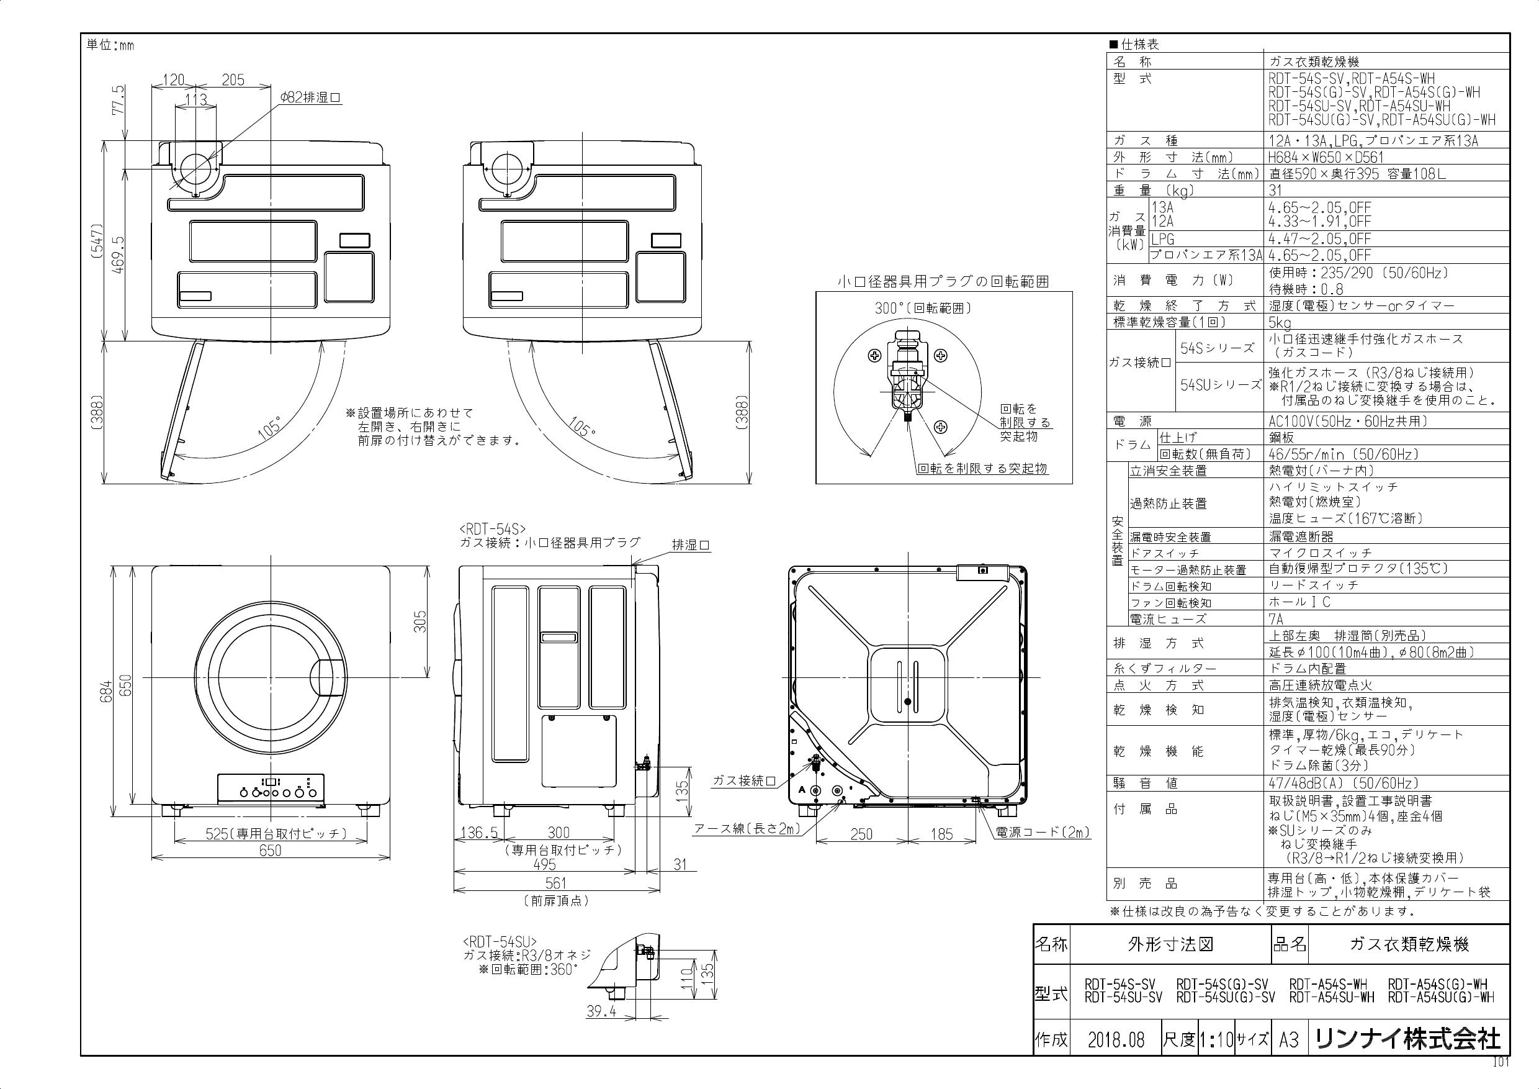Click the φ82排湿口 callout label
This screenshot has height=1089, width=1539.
tap(310, 98)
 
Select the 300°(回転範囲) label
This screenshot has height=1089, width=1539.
tap(922, 309)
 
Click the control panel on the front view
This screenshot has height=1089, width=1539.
tap(271, 789)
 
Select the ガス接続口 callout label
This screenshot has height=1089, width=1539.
tap(743, 781)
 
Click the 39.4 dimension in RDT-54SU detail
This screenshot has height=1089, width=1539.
tap(601, 1011)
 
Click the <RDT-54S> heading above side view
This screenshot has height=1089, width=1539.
tap(493, 528)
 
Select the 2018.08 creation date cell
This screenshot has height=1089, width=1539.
tap(1116, 1040)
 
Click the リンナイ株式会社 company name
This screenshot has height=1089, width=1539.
tap(1407, 1039)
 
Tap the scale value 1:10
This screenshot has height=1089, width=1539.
tap(1216, 1040)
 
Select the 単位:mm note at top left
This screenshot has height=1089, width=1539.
tap(110, 45)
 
